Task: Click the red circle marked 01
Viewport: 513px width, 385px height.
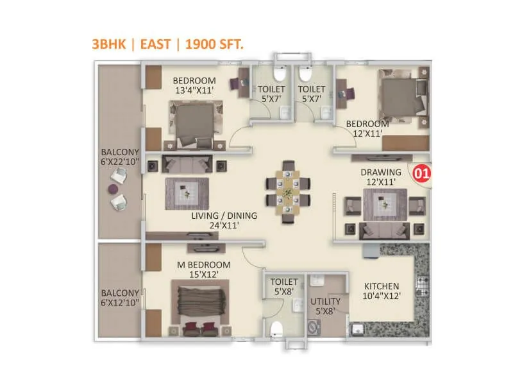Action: [x=421, y=173]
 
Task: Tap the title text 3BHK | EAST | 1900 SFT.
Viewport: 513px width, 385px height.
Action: [x=167, y=44]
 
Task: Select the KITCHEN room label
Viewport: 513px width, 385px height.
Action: [x=382, y=286]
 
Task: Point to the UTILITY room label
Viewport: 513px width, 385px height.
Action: [x=326, y=301]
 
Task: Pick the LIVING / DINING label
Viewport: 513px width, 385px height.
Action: [x=224, y=216]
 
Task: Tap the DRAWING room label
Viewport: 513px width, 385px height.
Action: [x=381, y=172]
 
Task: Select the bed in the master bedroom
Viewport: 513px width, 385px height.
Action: [x=199, y=305]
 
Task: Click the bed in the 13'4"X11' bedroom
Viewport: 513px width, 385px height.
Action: [x=194, y=124]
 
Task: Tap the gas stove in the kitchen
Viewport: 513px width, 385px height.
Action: [x=423, y=283]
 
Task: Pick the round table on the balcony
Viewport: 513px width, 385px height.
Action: [x=113, y=189]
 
